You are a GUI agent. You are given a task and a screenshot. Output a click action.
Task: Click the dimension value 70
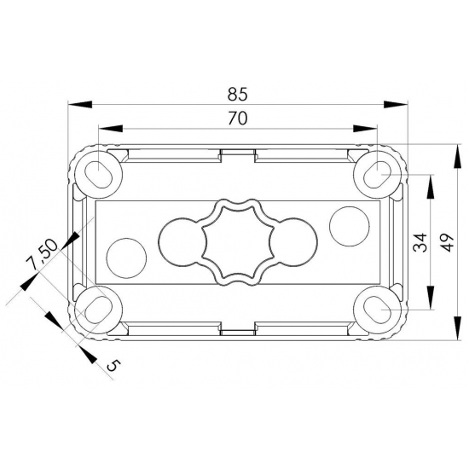[237, 119]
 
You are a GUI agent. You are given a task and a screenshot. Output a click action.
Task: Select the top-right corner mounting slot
[376, 172]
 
